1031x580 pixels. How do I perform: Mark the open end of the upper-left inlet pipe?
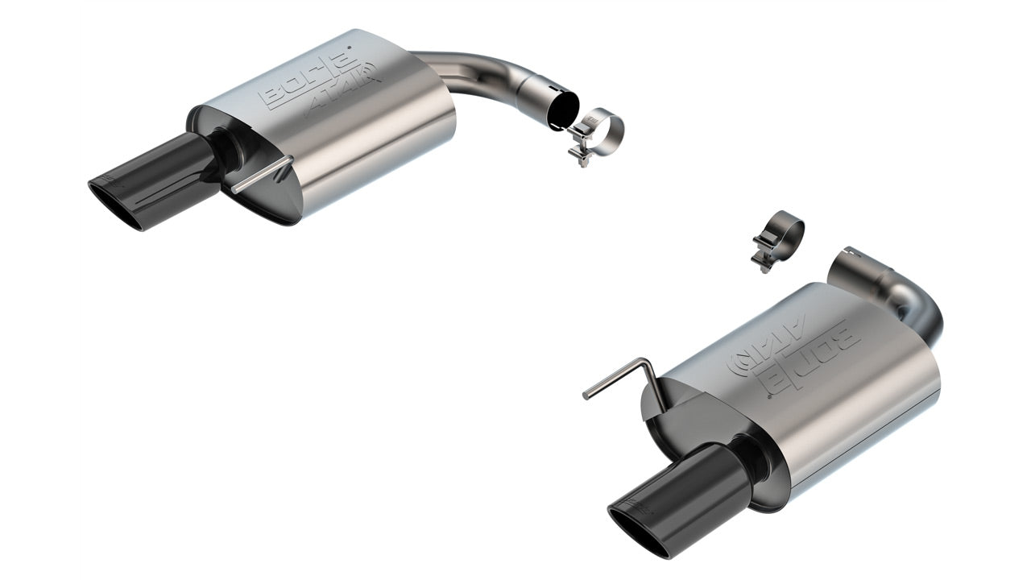pyautogui.click(x=561, y=110)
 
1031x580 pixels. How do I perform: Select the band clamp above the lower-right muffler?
pyautogui.click(x=780, y=234)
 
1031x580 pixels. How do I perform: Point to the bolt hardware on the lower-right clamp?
pyautogui.click(x=761, y=252)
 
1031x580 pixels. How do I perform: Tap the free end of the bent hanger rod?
pyautogui.click(x=586, y=395)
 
